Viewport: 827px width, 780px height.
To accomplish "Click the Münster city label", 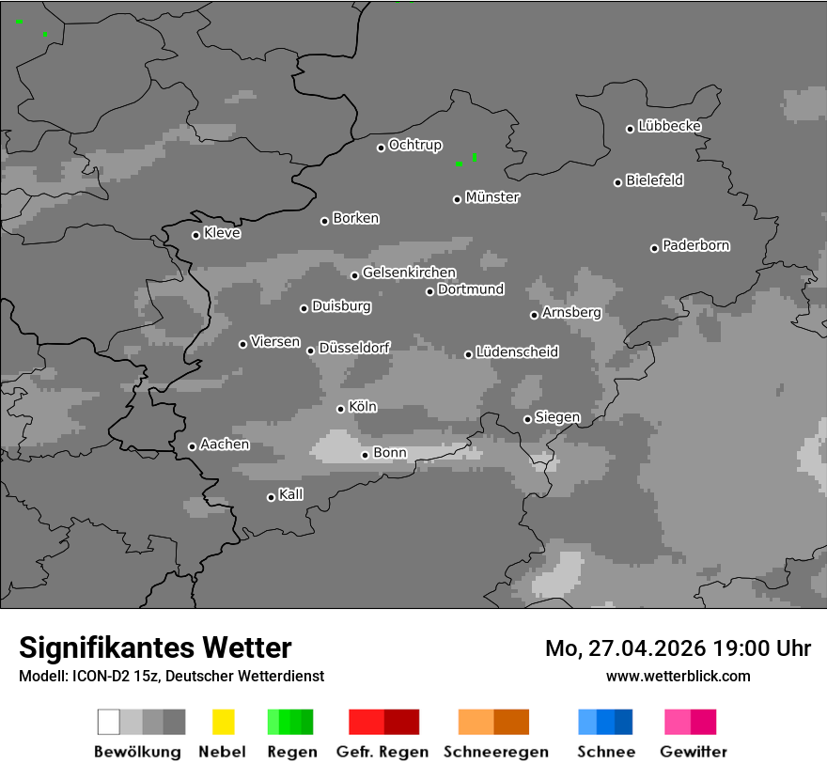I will [492, 197].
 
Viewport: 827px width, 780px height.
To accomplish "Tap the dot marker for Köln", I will [340, 409].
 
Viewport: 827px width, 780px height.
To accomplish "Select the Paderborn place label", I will [696, 245].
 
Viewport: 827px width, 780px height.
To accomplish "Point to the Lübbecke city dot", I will [630, 129].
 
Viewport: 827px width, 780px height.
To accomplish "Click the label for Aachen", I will [225, 445].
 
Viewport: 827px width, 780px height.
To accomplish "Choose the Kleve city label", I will [222, 233].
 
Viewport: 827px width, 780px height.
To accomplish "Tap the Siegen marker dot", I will [527, 419].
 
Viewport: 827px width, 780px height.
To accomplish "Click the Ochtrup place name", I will [415, 145].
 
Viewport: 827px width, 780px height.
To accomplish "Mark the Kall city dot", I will [271, 497].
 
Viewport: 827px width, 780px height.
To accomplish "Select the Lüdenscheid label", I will [517, 352].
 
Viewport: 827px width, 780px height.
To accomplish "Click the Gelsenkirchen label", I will [409, 273].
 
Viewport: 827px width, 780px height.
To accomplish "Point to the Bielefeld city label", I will [655, 180].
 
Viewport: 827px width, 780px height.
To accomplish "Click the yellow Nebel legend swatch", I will [223, 722].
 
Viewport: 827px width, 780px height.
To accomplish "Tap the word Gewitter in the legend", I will [694, 752].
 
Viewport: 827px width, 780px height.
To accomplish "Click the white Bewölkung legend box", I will [108, 722].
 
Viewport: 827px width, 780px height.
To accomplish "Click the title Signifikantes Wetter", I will [155, 648].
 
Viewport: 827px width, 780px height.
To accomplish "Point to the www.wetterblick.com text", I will [679, 676].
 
